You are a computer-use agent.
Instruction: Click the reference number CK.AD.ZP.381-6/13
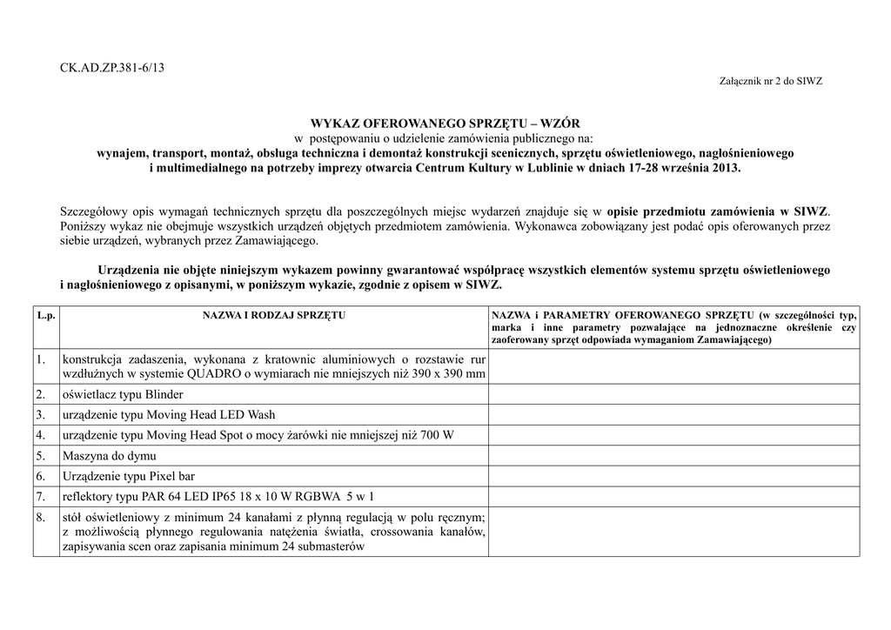pyautogui.click(x=112, y=68)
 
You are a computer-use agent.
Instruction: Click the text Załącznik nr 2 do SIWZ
pyautogui.click(x=771, y=81)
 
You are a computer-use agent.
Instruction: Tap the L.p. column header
pyautogui.click(x=46, y=315)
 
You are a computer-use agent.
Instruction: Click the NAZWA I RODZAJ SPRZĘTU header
pyautogui.click(x=274, y=315)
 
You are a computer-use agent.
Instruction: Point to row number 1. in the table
pyautogui.click(x=41, y=359)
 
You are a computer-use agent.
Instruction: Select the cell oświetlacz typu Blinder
pyautogui.click(x=123, y=394)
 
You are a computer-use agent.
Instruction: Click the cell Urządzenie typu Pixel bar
pyautogui.click(x=127, y=476)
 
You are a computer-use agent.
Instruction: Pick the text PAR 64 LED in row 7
pyautogui.click(x=175, y=497)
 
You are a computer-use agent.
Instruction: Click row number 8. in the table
pyautogui.click(x=41, y=518)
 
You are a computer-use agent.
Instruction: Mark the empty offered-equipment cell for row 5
pyautogui.click(x=673, y=455)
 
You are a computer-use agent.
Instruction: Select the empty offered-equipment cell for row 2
pyautogui.click(x=673, y=394)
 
